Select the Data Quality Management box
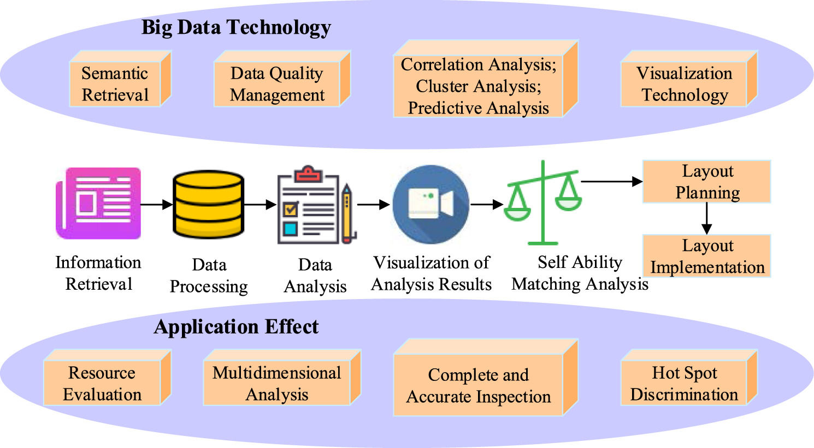click(x=277, y=84)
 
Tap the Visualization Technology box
click(x=684, y=84)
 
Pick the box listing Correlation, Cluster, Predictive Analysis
click(x=478, y=86)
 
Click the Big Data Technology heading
click(x=236, y=27)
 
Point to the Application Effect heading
click(x=236, y=326)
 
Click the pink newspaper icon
click(x=98, y=203)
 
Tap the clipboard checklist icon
click(x=309, y=205)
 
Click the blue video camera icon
click(x=431, y=204)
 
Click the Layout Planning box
click(x=707, y=182)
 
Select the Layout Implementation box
click(x=707, y=256)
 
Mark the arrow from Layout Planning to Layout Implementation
click(x=707, y=218)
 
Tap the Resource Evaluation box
click(x=102, y=384)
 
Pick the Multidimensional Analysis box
click(x=276, y=384)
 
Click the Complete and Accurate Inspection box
click(x=478, y=385)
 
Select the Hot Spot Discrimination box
click(x=684, y=384)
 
